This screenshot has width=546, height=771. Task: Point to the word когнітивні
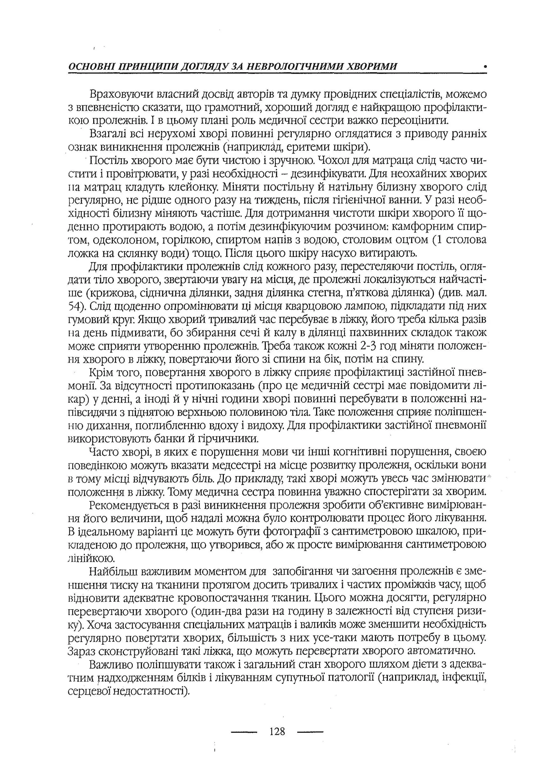click(x=354, y=452)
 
